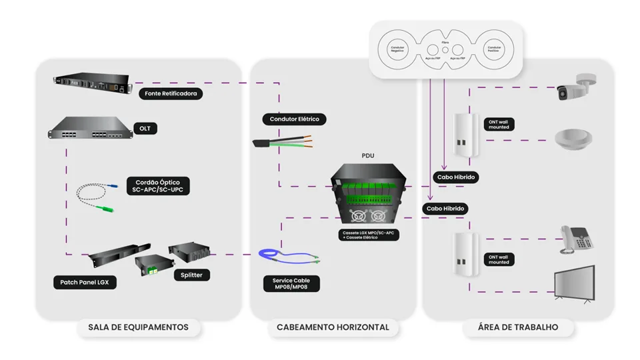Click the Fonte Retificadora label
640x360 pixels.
tap(171, 94)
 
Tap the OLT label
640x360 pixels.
tap(145, 127)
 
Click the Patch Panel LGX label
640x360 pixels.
tap(85, 283)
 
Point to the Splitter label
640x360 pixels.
tap(191, 275)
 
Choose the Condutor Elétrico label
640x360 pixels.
tap(294, 119)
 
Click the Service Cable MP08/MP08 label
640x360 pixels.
tap(291, 284)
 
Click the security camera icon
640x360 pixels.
tap(575, 87)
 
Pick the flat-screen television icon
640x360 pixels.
tap(574, 284)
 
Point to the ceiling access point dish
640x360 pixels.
tap(574, 140)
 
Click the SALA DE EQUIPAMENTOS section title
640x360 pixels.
tap(138, 327)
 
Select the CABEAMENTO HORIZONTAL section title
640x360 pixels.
tap(333, 327)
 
